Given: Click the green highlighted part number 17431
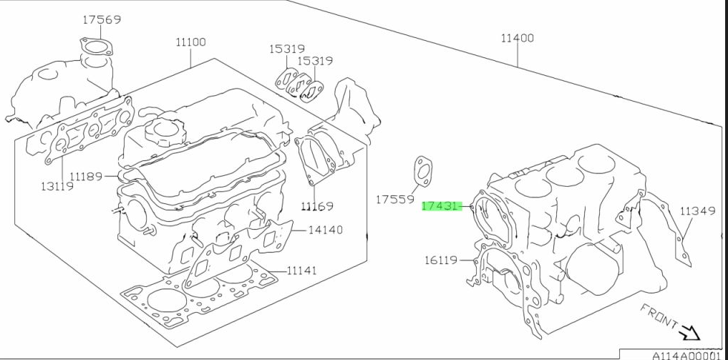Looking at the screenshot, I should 440,206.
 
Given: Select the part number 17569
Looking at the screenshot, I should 101,20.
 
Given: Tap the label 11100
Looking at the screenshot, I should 190,42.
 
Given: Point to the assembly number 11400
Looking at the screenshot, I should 517,38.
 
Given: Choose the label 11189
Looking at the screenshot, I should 87,175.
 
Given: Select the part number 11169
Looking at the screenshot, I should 317,207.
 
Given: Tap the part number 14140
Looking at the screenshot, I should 326,230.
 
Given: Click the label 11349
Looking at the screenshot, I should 697,211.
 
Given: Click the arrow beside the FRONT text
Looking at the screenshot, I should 691,333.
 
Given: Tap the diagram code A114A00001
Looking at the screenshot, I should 685,354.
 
